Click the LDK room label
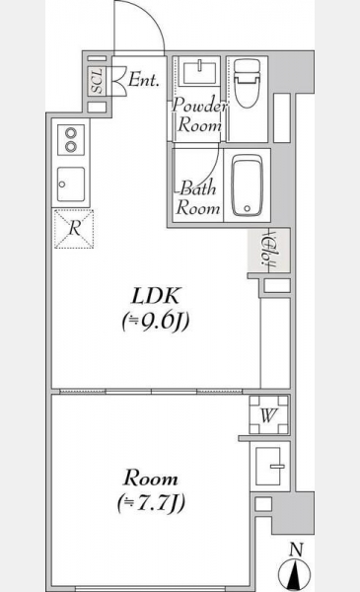coord(156,296)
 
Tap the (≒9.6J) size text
coord(156,322)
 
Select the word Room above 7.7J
coord(151,479)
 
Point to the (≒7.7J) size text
coord(151,503)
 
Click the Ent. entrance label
coord(143,80)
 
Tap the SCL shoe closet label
coord(98,81)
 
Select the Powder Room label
coord(199,114)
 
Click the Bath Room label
coord(198,198)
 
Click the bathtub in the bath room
coord(248,186)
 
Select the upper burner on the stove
coord(71,133)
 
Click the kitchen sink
coord(71,185)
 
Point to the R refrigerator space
coord(74,229)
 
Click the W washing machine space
coord(268,415)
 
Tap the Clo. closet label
coord(268,250)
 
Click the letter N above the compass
coord(297,550)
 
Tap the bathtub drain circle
coord(248,208)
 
